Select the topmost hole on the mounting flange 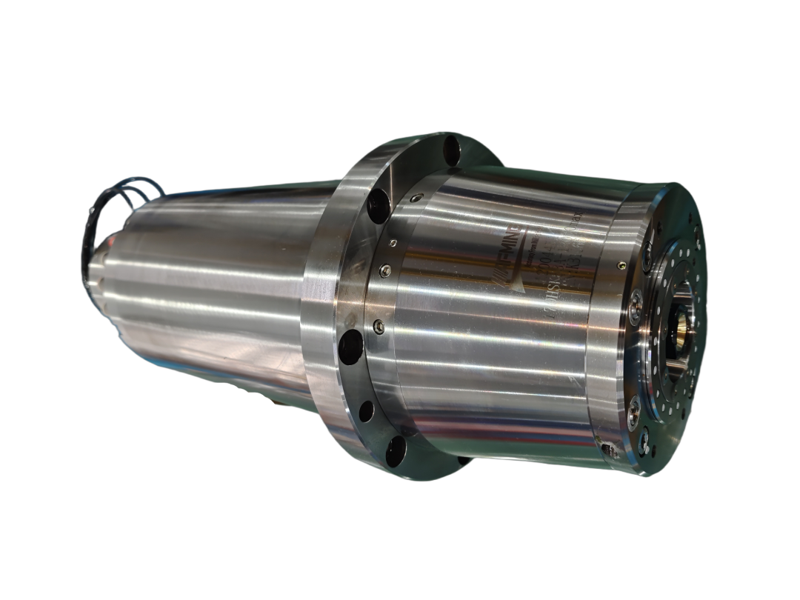pyautogui.click(x=451, y=151)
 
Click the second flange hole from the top pyautogui.click(x=379, y=205)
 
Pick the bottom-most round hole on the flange pyautogui.click(x=396, y=450)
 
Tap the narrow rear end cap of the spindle pyautogui.click(x=96, y=267)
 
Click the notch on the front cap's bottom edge pyautogui.click(x=609, y=449)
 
